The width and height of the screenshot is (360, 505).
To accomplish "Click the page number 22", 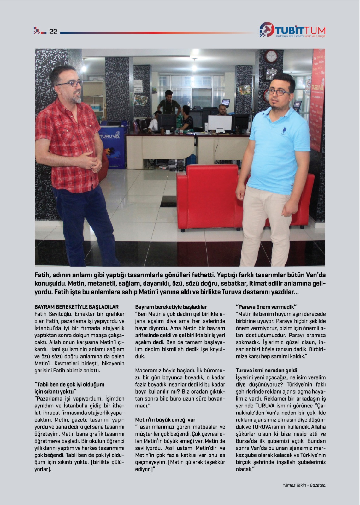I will coord(53,32).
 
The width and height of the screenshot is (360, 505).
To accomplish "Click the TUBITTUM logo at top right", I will coord(292,30).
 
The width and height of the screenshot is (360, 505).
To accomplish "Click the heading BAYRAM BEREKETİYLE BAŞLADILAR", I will coord(76,307).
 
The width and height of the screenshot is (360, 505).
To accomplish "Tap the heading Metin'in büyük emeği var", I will coord(165,420).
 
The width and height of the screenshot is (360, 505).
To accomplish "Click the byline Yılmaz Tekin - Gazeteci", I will coord(304,485).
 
